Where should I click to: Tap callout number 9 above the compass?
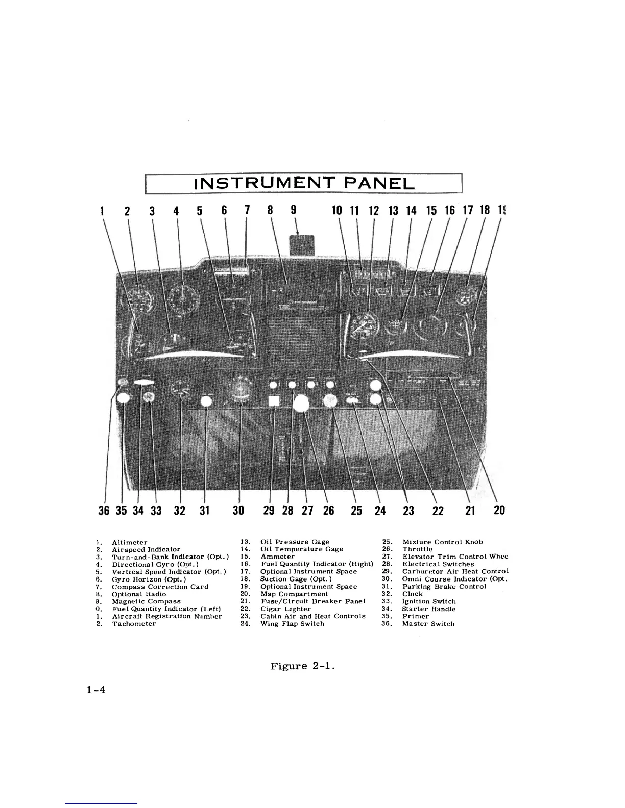click(x=293, y=210)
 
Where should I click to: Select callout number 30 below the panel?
click(x=238, y=511)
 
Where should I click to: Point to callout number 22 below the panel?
click(x=438, y=511)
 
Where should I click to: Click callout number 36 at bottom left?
click(x=104, y=511)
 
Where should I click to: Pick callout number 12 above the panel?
click(x=374, y=210)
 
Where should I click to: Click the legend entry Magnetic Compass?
click(x=146, y=601)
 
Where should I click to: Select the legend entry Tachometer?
click(x=134, y=624)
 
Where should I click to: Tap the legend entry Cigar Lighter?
click(x=285, y=609)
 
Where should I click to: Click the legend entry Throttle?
click(x=417, y=549)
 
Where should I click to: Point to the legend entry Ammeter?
click(x=277, y=557)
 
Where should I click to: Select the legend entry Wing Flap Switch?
click(x=292, y=624)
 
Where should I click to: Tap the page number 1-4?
click(x=95, y=691)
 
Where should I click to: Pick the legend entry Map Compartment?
click(x=294, y=594)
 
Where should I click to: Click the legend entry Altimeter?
click(x=130, y=542)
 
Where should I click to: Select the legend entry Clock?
click(x=412, y=594)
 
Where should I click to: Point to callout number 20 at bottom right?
click(x=499, y=510)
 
